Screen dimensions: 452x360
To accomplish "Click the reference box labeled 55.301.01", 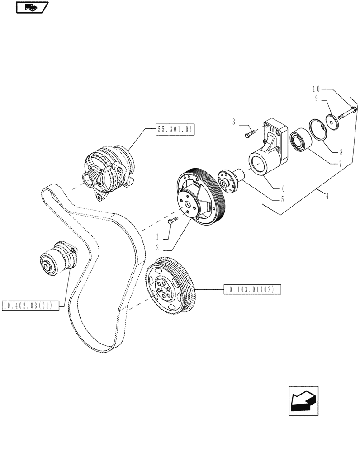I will point(175,129).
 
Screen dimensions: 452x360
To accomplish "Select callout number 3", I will point(233,122).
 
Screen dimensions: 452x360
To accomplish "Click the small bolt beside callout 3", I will point(251,133).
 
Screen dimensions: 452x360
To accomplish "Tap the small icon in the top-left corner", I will point(32,7).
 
